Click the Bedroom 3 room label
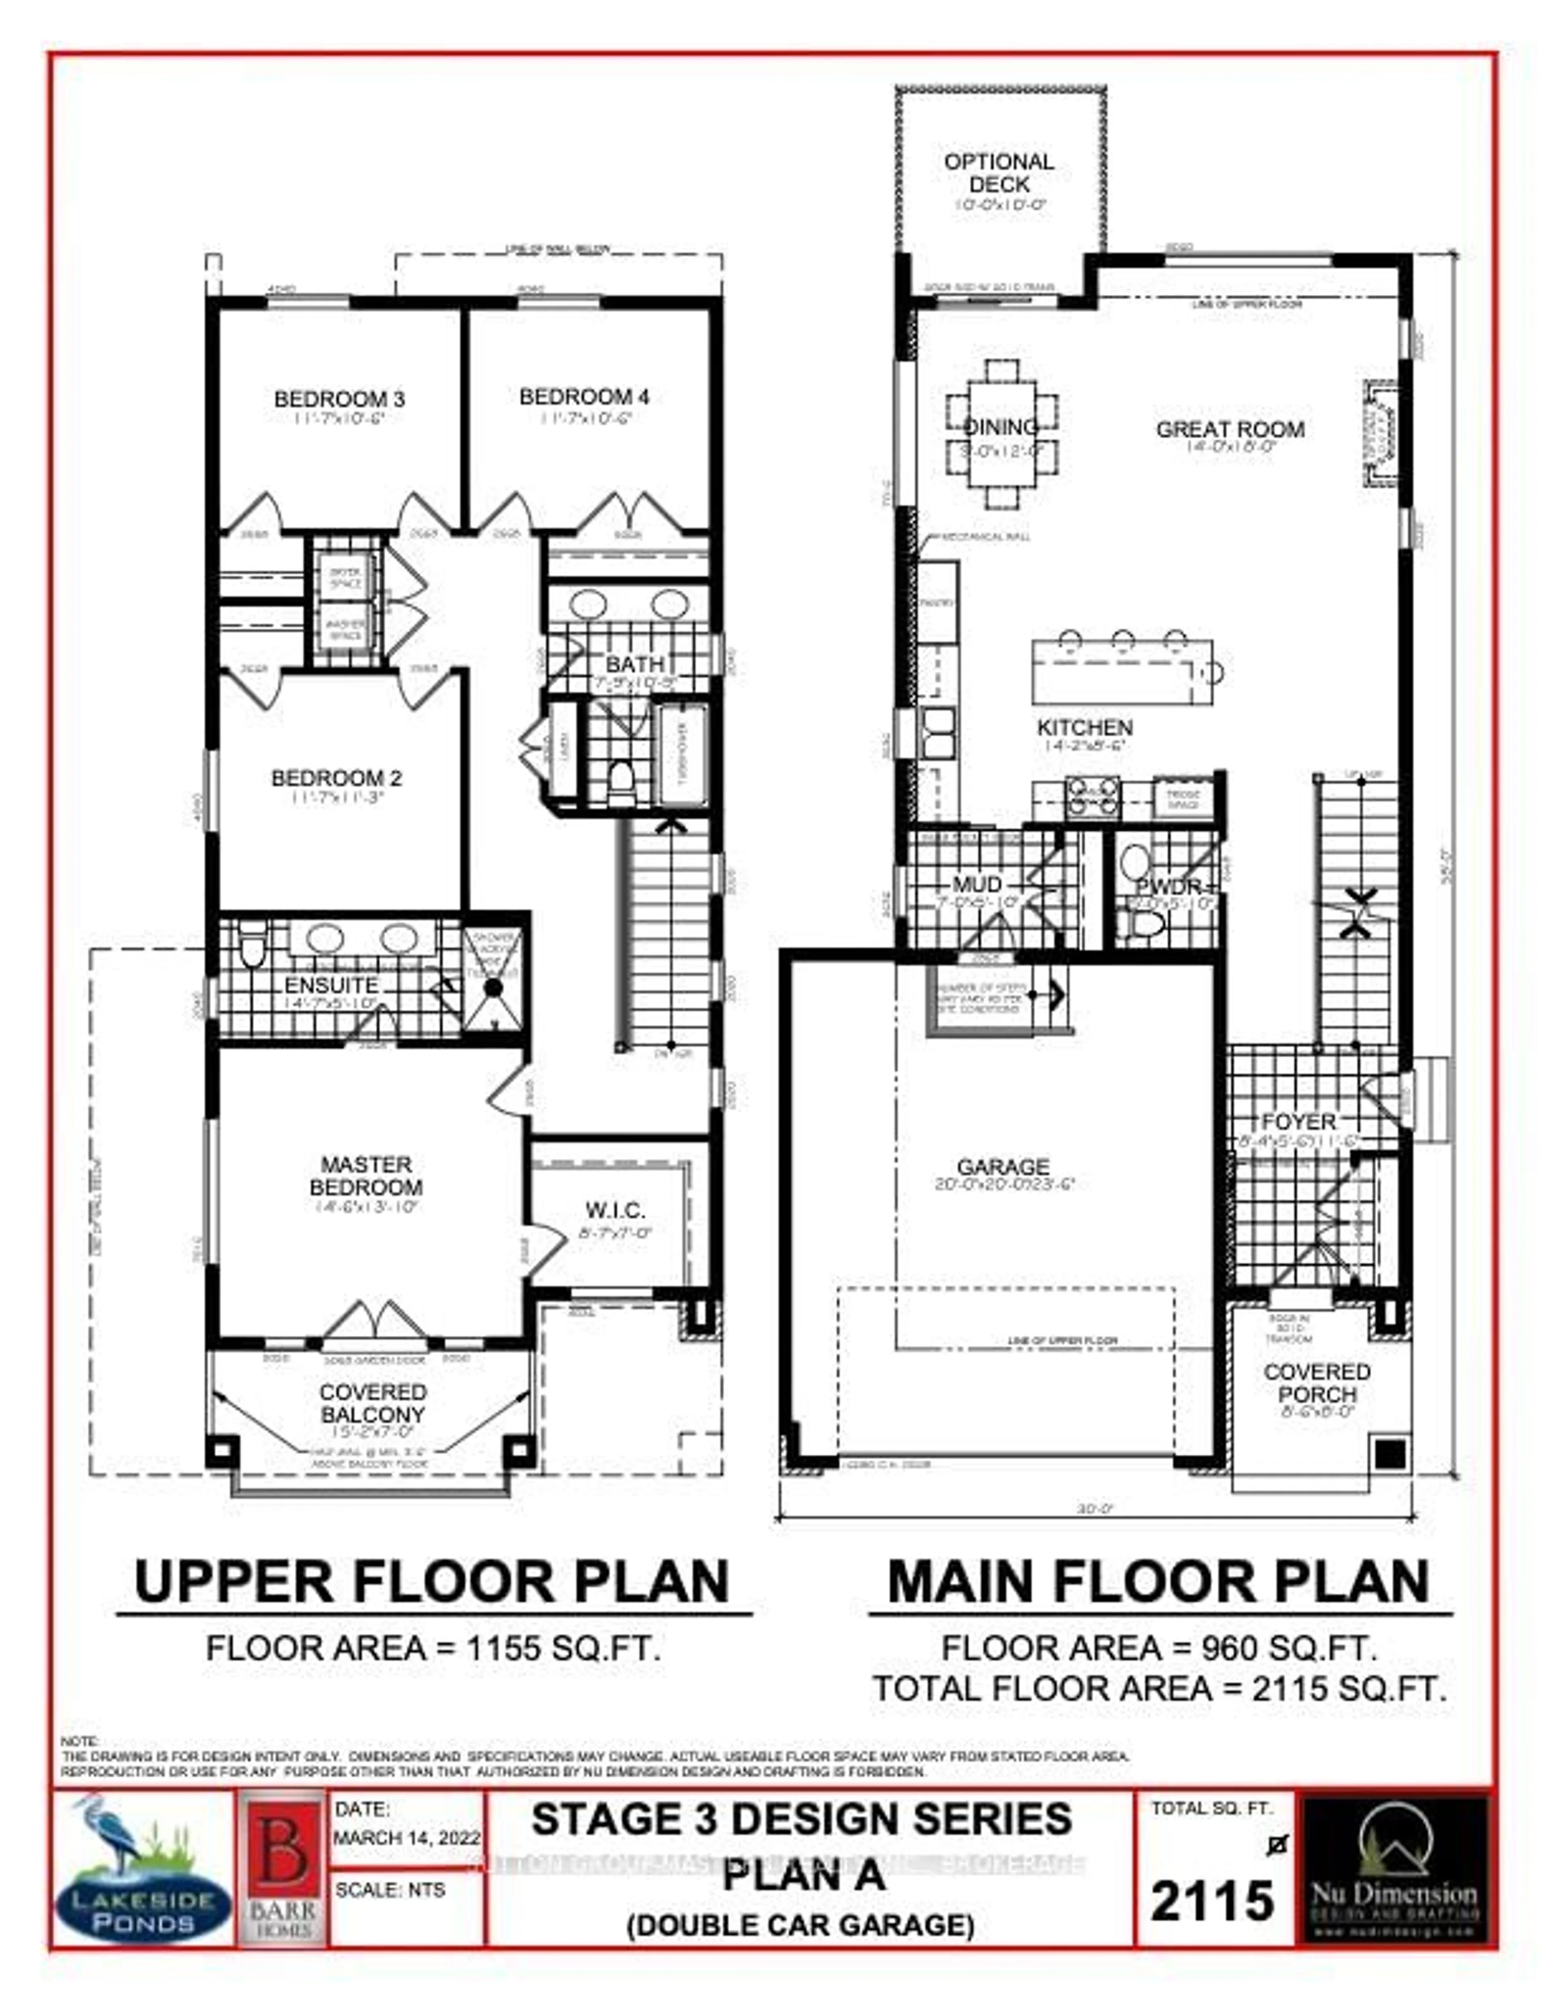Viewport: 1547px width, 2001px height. tap(339, 399)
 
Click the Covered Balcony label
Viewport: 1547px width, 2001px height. tap(372, 1403)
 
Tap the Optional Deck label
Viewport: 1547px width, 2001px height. tap(999, 172)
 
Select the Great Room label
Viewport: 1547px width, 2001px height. tap(1230, 429)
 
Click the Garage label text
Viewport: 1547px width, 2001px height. tap(1003, 1166)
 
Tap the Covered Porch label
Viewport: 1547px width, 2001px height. tap(1316, 1382)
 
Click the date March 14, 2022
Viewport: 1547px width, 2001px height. tap(406, 1838)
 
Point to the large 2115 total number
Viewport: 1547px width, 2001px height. tap(1211, 1899)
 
